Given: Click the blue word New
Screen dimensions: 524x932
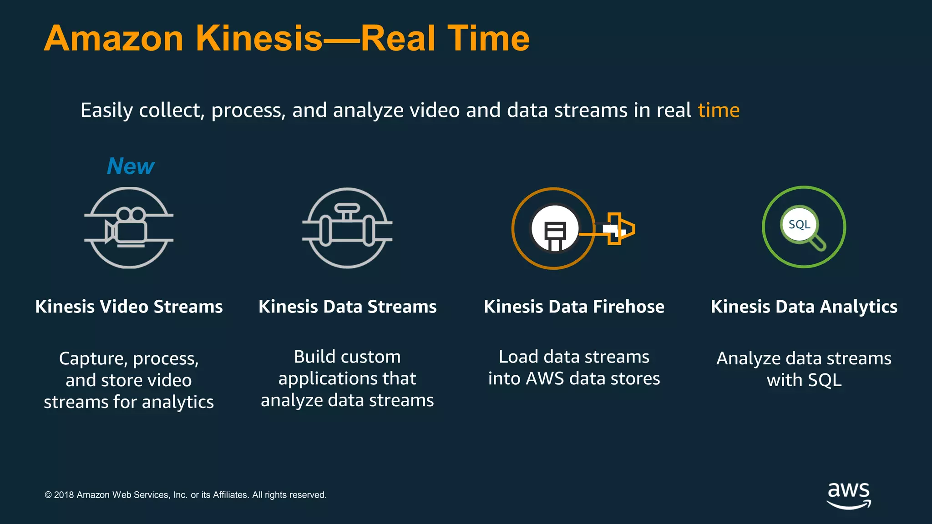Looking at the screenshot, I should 131,166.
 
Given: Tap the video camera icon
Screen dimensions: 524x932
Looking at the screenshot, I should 129,227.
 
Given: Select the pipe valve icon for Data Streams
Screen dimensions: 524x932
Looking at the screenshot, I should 347,227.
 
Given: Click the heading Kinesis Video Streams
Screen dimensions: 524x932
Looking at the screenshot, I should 129,307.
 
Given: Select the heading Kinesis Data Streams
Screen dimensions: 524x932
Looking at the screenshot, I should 347,307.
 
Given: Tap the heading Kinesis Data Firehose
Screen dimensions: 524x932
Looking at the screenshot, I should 574,307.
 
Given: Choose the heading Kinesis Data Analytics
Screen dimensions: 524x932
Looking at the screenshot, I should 804,307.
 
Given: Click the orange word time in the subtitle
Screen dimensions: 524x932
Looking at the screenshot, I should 719,110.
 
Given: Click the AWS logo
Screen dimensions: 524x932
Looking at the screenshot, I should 848,495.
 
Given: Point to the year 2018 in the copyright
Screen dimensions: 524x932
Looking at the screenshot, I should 64,495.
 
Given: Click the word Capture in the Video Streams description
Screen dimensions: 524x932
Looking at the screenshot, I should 93,359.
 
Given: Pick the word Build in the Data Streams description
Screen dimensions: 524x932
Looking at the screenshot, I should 314,357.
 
